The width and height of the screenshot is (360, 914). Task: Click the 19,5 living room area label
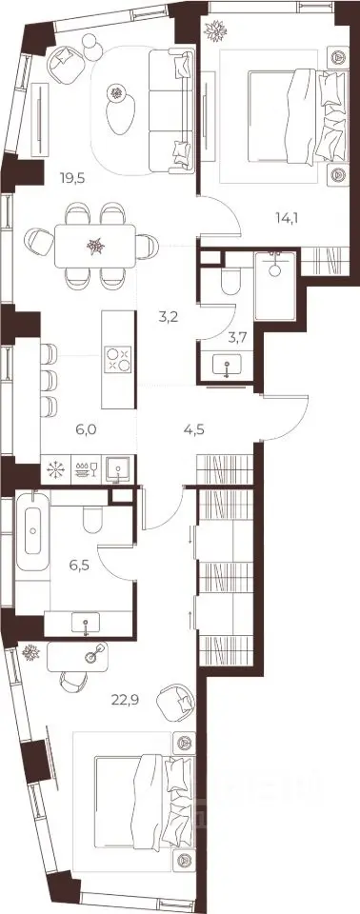(x=73, y=178)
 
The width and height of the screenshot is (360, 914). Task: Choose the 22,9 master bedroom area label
(x=124, y=697)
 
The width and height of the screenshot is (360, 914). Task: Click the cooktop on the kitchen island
(x=118, y=359)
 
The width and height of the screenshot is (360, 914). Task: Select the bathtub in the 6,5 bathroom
(x=32, y=531)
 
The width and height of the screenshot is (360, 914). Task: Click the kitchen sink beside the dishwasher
(x=120, y=469)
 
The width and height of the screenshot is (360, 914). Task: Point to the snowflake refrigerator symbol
(x=56, y=469)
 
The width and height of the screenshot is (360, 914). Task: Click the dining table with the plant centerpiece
(x=95, y=246)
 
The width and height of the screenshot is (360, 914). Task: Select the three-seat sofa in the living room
(x=171, y=110)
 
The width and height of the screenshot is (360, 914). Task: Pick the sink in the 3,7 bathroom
(x=227, y=368)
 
